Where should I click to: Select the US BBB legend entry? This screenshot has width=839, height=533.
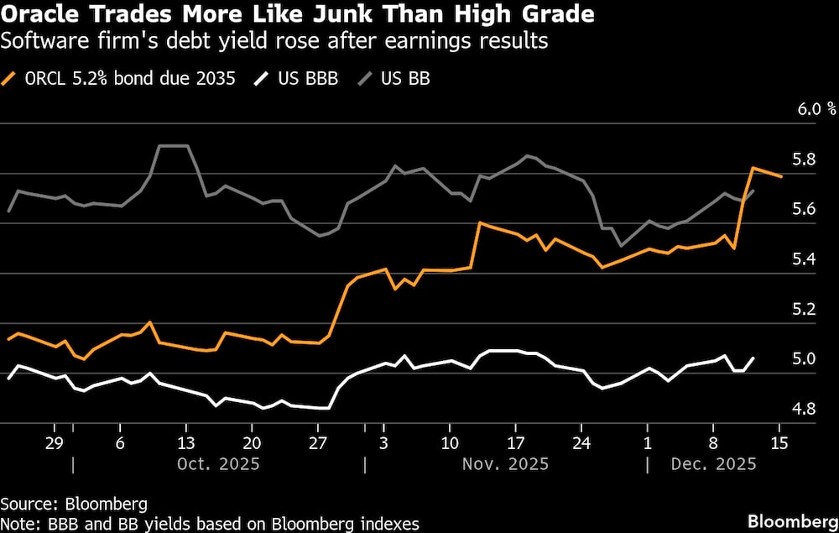(x=308, y=79)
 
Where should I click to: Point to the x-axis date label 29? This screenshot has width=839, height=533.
(x=55, y=443)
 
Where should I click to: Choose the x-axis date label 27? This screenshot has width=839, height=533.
(x=317, y=443)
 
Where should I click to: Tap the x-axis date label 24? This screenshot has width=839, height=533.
(x=581, y=443)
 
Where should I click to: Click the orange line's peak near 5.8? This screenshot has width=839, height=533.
(x=753, y=169)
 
